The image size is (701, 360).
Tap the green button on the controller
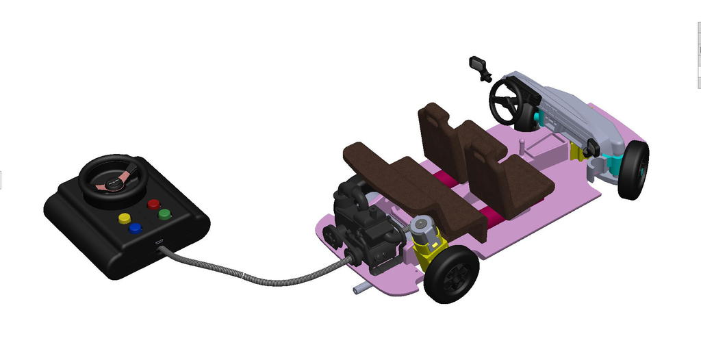click(164, 214)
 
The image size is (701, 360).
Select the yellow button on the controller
click(125, 218)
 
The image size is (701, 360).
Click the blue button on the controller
click(136, 228)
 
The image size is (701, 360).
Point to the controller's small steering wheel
click(113, 180)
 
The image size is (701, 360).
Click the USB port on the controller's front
click(158, 244)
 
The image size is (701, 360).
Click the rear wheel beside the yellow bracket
click(451, 274)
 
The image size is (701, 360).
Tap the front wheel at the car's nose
click(633, 170)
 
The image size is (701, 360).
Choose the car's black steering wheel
click(507, 101)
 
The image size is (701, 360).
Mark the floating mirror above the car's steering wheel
click(479, 66)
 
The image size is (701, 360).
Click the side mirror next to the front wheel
click(591, 147)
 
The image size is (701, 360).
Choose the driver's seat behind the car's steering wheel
click(442, 137)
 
